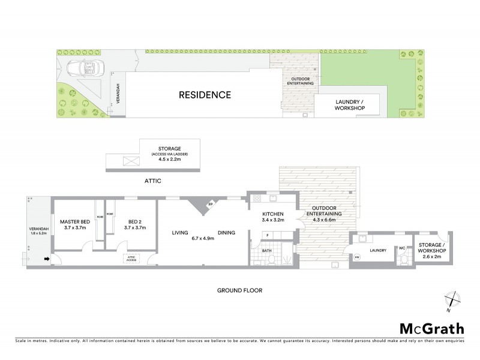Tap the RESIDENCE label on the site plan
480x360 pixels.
tap(205, 95)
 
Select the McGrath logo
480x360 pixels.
tap(431, 328)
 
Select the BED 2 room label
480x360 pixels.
tap(130, 221)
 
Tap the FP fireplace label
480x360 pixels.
tap(210, 205)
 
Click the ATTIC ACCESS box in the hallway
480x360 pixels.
tap(131, 258)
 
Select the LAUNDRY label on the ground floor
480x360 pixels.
tap(378, 251)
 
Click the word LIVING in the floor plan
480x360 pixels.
tap(180, 233)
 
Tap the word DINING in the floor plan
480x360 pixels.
tap(226, 233)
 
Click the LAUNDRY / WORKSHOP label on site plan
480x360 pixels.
tap(348, 106)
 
